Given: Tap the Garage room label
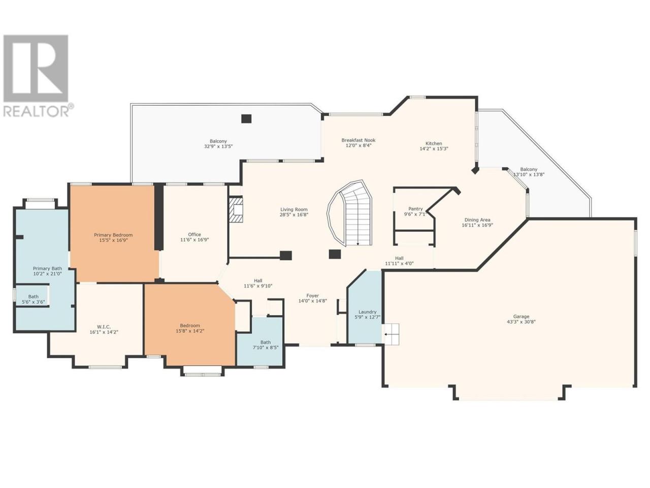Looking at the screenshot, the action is click(521, 317).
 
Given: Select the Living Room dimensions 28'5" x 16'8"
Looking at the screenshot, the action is click(294, 215).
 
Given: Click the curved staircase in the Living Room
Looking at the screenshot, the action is click(350, 213).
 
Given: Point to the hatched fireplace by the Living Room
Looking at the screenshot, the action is click(236, 209).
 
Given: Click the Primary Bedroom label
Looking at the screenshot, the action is click(113, 235).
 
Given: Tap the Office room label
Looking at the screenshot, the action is click(194, 235).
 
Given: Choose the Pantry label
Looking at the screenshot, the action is click(415, 208).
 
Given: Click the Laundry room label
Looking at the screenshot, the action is click(367, 312).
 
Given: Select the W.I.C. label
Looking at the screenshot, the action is click(104, 327).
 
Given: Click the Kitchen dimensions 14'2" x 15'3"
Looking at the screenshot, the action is click(434, 149).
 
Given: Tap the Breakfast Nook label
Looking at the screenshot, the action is click(359, 140).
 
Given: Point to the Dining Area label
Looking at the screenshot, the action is click(477, 220).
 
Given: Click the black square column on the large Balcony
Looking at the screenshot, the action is click(246, 118).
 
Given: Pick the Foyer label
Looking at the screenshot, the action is click(312, 296).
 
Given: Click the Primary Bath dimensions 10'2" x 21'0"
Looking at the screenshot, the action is click(47, 274).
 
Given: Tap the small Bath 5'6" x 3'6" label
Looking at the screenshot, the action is click(34, 299).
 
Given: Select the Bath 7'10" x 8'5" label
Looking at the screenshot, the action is click(266, 345).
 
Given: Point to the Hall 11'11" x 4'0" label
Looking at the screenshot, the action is click(399, 260).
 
